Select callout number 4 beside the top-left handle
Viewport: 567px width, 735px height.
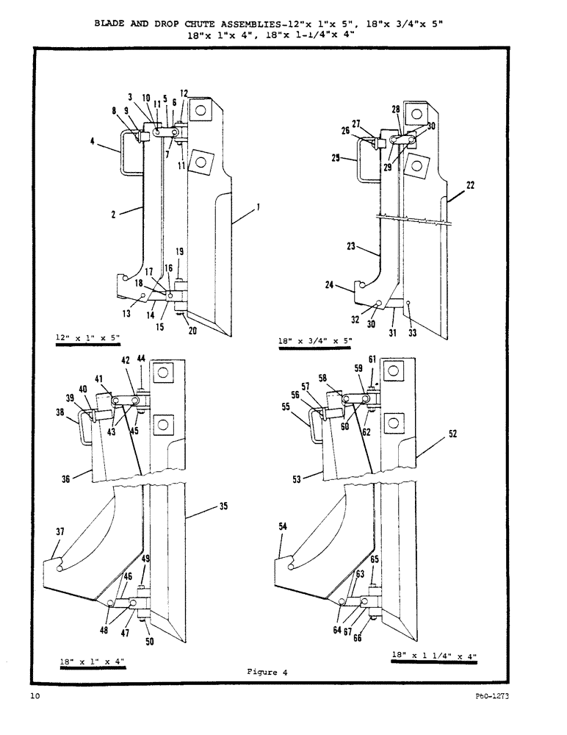(92, 143)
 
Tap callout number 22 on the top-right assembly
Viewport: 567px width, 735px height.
(470, 185)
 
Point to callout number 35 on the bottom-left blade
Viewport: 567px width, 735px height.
(223, 506)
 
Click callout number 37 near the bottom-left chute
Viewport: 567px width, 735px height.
(60, 531)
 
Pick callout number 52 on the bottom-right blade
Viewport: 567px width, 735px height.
(453, 434)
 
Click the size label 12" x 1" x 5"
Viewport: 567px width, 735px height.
(87, 337)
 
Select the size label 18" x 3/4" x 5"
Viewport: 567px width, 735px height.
(316, 340)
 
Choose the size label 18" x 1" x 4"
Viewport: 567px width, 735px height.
(92, 661)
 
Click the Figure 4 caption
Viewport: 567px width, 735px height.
(262, 672)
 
